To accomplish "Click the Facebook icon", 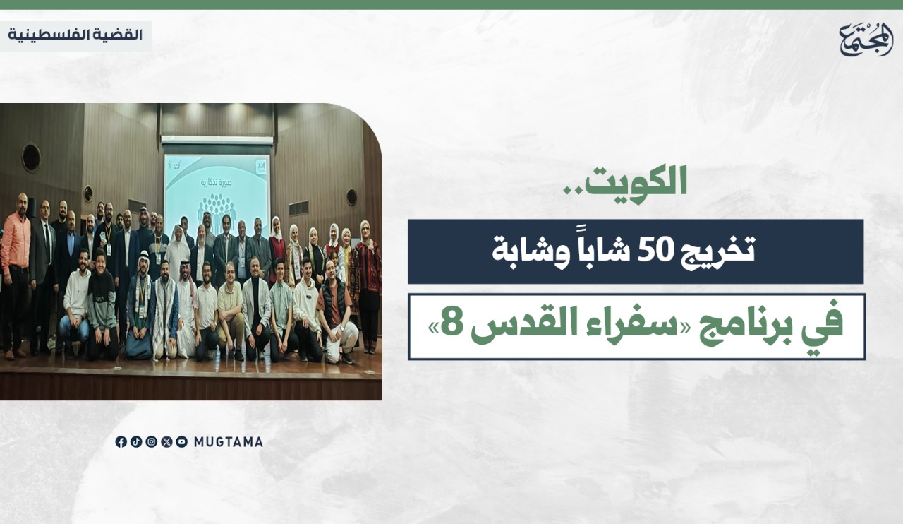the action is (x=121, y=442).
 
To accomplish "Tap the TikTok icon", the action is (x=136, y=442).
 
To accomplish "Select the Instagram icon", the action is (x=152, y=442).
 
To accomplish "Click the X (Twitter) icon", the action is (x=166, y=442).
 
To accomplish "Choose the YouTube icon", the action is (x=182, y=442).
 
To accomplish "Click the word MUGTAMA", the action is (x=229, y=442).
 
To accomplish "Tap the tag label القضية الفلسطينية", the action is (x=75, y=35).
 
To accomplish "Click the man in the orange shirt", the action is (x=15, y=275).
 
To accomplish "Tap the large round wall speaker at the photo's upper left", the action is (x=31, y=157).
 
